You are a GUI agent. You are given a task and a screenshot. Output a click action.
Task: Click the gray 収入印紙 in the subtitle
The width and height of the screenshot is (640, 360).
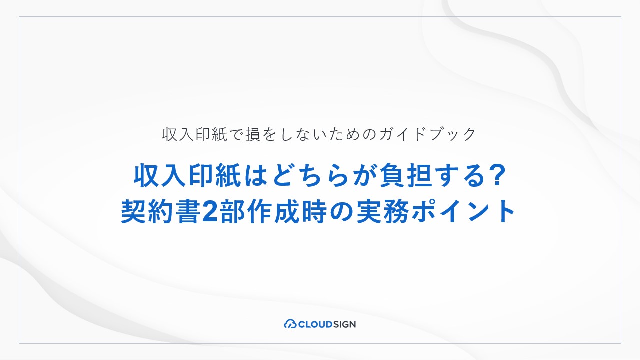pyautogui.click(x=195, y=134)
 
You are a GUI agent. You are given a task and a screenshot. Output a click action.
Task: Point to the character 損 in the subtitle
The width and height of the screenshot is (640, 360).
pyautogui.click(x=253, y=134)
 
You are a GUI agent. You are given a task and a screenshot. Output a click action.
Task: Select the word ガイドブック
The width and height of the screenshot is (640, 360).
pyautogui.click(x=427, y=134)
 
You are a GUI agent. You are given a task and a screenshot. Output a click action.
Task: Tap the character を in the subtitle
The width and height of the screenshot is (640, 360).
pyautogui.click(x=269, y=134)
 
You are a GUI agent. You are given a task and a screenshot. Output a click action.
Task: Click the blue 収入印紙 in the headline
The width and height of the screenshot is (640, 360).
pyautogui.click(x=187, y=175)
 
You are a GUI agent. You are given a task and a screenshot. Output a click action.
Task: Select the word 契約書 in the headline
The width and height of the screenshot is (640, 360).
pyautogui.click(x=160, y=211)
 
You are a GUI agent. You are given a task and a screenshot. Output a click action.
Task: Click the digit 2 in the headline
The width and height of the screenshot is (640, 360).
pyautogui.click(x=210, y=212)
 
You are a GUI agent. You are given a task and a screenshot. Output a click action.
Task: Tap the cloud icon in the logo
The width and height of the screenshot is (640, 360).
pyautogui.click(x=290, y=324)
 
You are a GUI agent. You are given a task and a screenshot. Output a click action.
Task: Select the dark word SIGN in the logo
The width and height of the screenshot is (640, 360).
pyautogui.click(x=344, y=324)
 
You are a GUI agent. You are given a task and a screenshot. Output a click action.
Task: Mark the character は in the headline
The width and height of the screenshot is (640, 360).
pyautogui.click(x=255, y=175)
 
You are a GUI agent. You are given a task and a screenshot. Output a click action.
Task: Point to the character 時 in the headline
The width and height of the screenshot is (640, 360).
pyautogui.click(x=314, y=211)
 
